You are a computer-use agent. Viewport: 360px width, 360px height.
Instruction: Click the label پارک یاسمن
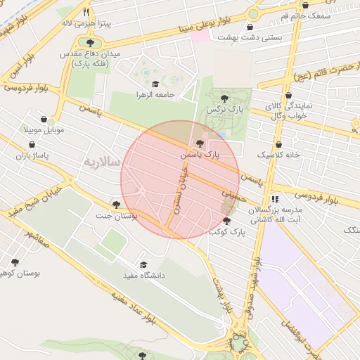click(x=199, y=153)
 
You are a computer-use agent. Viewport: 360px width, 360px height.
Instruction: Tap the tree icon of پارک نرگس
click(x=224, y=98)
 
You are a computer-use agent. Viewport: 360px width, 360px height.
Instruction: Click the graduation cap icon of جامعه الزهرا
click(x=155, y=83)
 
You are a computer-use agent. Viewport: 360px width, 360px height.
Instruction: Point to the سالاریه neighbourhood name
click(x=103, y=162)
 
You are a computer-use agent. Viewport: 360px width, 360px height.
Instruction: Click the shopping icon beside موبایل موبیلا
click(x=44, y=120)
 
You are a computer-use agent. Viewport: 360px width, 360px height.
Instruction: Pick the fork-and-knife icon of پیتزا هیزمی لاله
click(x=86, y=12)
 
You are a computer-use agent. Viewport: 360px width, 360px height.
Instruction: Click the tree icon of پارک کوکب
click(x=226, y=221)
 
